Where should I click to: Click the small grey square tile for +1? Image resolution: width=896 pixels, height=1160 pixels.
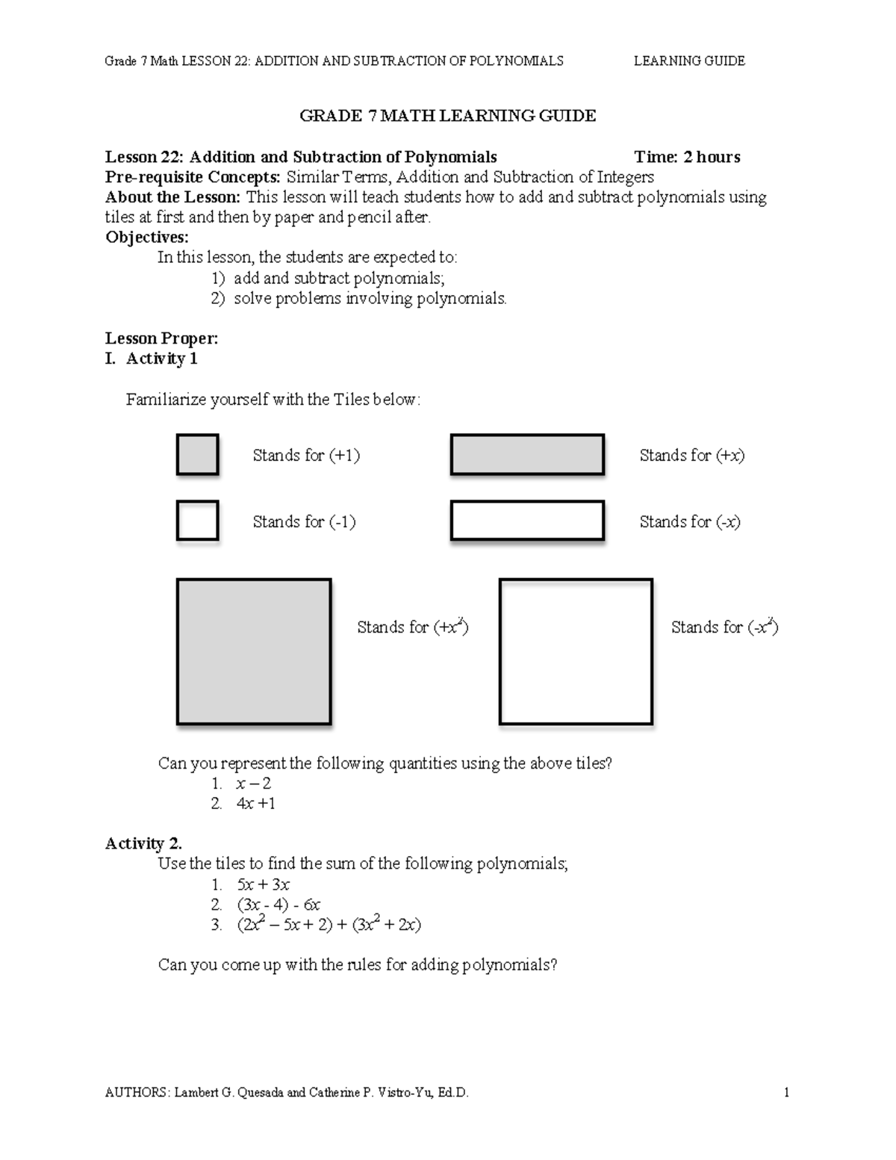pyautogui.click(x=197, y=455)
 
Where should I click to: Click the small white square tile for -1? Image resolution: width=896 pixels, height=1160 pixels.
pyautogui.click(x=197, y=521)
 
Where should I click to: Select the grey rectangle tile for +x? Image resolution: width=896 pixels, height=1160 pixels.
pyautogui.click(x=527, y=455)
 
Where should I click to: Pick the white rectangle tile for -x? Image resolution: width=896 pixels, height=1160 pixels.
pyautogui.click(x=527, y=521)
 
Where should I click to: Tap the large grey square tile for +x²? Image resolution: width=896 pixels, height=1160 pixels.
pyautogui.click(x=254, y=651)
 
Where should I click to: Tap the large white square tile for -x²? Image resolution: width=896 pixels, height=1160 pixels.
pyautogui.click(x=576, y=651)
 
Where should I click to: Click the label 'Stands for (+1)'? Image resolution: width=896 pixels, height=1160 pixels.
pyautogui.click(x=306, y=456)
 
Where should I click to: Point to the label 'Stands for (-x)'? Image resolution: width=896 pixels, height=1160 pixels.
pyautogui.click(x=690, y=522)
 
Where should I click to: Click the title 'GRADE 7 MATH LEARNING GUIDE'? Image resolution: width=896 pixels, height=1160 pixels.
pyautogui.click(x=447, y=116)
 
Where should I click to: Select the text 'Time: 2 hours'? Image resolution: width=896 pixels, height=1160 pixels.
pyautogui.click(x=687, y=157)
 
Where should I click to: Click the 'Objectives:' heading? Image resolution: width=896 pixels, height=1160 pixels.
pyautogui.click(x=147, y=238)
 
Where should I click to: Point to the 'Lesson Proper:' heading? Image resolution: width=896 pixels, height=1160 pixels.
pyautogui.click(x=161, y=338)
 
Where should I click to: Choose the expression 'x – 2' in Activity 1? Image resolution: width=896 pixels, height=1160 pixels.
pyautogui.click(x=253, y=784)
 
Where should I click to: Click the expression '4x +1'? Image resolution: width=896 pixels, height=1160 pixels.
pyautogui.click(x=255, y=804)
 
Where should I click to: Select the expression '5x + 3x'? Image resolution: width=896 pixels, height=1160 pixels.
pyautogui.click(x=263, y=885)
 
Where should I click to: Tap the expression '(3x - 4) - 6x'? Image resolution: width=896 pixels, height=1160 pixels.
pyautogui.click(x=279, y=905)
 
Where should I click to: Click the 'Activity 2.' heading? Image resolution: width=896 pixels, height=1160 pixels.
pyautogui.click(x=143, y=844)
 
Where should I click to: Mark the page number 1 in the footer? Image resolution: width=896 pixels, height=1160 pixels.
pyautogui.click(x=786, y=1093)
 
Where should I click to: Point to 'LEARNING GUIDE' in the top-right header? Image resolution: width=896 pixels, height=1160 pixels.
pyautogui.click(x=689, y=61)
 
